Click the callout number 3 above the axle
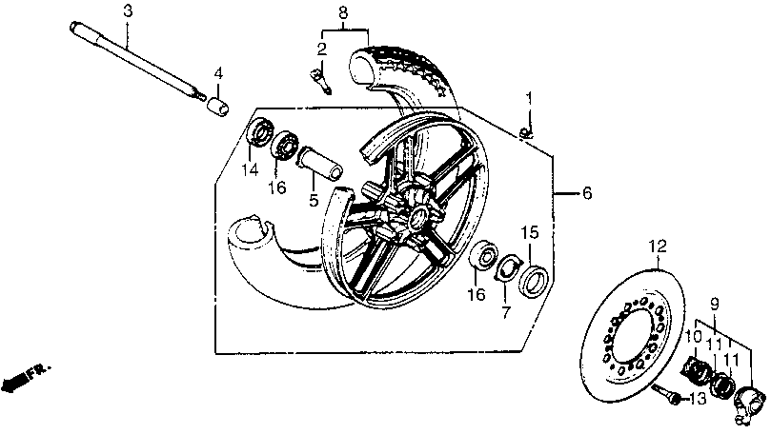tap(128, 10)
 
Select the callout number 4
tap(218, 73)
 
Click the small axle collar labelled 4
tap(216, 102)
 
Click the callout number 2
tap(322, 48)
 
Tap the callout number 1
tap(530, 97)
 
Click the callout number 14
tap(251, 169)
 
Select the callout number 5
tap(312, 200)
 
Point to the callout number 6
tap(587, 193)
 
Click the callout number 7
tap(507, 311)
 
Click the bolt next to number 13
tap(675, 398)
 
